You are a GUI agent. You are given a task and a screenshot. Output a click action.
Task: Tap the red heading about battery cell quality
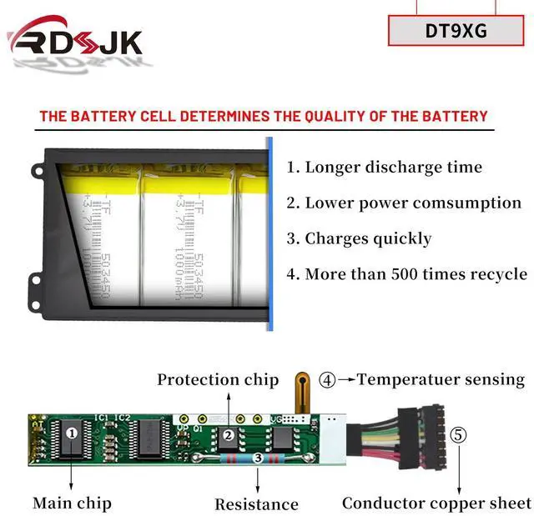[x=263, y=116]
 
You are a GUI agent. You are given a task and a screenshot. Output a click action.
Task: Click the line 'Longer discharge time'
[x=385, y=167]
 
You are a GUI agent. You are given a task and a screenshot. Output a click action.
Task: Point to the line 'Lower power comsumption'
[x=404, y=203]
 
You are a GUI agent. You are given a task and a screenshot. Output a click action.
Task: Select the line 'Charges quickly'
[x=360, y=238]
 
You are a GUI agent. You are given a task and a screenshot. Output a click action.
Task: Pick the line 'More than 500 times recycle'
[x=406, y=274]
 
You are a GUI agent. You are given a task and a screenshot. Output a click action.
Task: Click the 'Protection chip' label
[x=218, y=379]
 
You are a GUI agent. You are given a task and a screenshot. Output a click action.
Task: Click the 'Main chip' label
[x=72, y=503]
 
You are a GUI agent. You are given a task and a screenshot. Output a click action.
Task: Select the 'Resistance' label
[x=256, y=503]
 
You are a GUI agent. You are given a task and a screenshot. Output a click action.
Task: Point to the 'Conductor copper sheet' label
[x=436, y=503]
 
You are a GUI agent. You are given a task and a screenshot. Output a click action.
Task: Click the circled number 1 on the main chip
[x=72, y=433]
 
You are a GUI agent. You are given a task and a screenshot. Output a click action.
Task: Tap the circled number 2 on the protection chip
[x=227, y=434]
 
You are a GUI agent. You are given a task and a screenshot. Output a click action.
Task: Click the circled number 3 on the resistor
[x=258, y=458]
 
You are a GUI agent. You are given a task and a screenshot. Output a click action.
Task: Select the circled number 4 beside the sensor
[x=328, y=380]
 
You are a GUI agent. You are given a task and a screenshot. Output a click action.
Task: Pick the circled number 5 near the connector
[x=459, y=435]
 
